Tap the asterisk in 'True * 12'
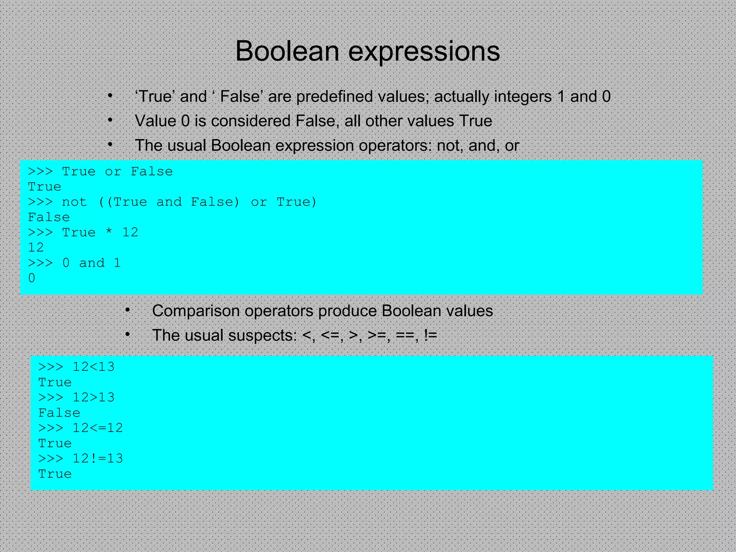109,233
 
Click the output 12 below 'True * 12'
36,248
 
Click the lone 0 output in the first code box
32,278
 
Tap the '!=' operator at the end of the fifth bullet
430,335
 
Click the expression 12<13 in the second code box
93,367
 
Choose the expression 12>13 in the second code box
93,397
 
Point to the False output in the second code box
59,413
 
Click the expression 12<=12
97,428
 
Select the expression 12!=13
97,459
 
